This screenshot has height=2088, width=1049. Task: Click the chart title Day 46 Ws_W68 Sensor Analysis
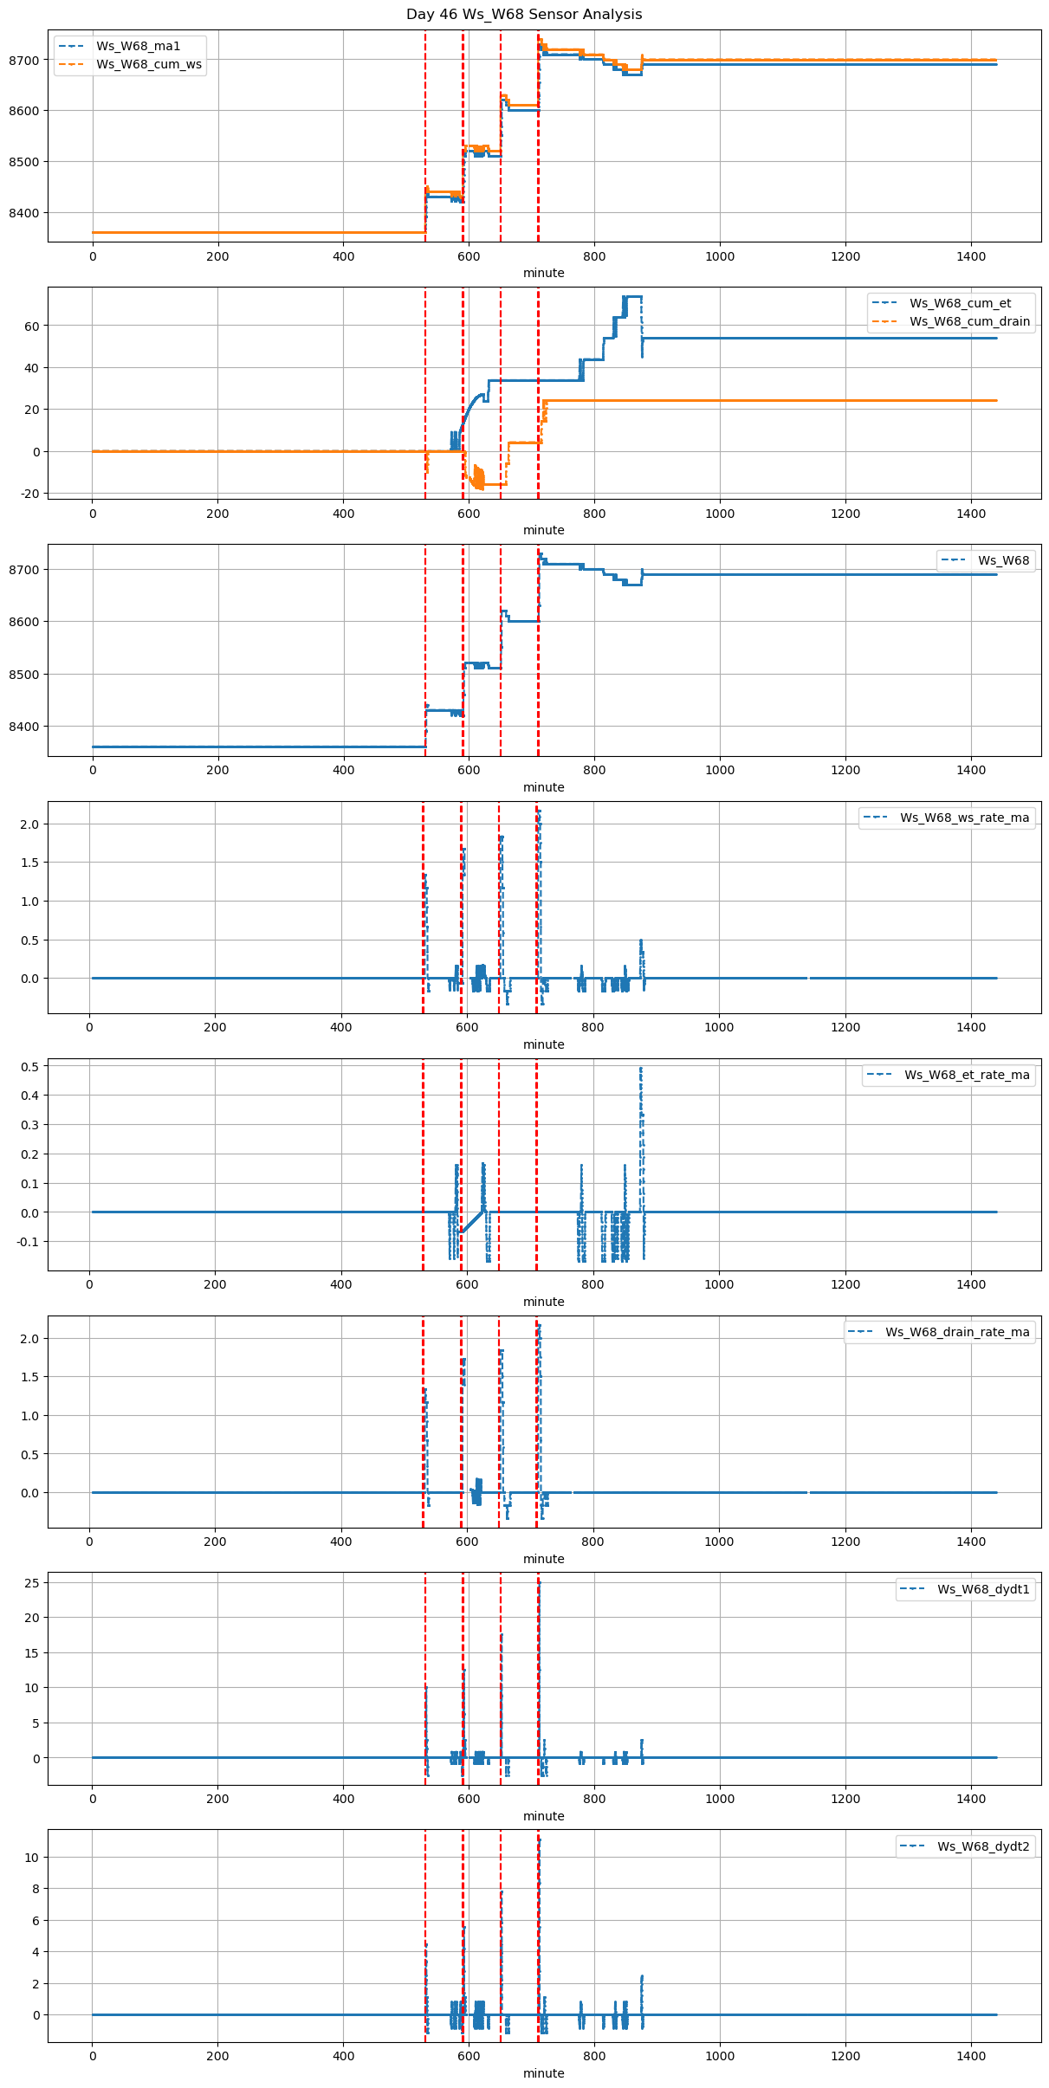pos(524,15)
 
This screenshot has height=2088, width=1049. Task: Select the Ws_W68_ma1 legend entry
pos(138,46)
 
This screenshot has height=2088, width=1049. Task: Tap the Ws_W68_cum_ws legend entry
pos(148,64)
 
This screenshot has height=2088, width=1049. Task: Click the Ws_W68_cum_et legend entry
pos(960,303)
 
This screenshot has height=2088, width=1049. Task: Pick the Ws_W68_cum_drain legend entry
pos(969,321)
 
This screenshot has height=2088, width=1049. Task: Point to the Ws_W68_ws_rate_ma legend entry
pos(964,818)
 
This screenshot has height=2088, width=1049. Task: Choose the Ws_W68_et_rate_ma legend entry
pos(967,1075)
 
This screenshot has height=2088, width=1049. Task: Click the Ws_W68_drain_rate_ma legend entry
pos(957,1332)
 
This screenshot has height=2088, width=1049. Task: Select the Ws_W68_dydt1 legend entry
pos(983,1589)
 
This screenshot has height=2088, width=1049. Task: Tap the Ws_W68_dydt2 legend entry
pos(983,1846)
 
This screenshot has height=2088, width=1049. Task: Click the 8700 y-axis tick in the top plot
pos(26,60)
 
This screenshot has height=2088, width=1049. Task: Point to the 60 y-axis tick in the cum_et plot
pos(33,326)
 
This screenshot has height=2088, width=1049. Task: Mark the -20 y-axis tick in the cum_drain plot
pos(29,494)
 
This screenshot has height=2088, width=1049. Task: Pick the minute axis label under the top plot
pos(544,273)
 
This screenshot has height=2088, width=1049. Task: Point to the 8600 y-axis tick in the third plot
pos(26,622)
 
